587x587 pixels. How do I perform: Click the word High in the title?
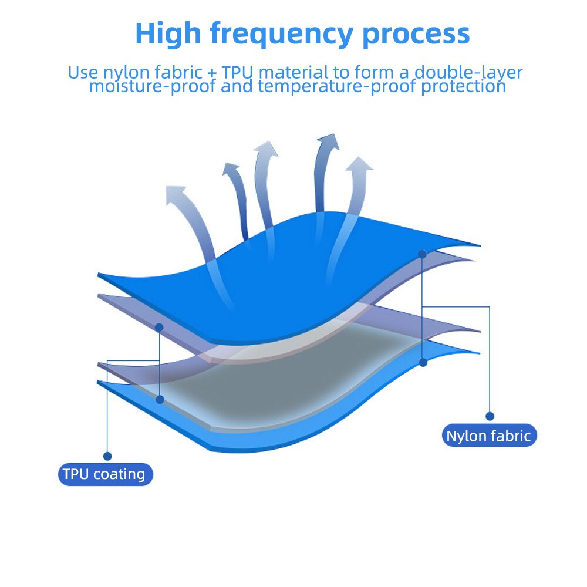tap(168, 33)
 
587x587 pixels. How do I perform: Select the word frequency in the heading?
tap(282, 35)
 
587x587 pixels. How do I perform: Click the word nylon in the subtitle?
tap(127, 72)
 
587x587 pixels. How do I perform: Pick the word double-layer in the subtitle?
tap(468, 72)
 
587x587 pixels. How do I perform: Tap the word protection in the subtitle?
tap(464, 86)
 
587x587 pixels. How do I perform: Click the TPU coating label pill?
tap(106, 474)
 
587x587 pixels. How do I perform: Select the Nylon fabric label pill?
tap(490, 436)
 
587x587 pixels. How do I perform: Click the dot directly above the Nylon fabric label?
tap(490, 416)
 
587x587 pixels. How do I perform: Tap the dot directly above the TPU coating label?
tap(107, 456)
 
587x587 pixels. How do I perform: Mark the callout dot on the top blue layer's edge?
tap(422, 254)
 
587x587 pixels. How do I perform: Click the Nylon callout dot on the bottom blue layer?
tap(423, 362)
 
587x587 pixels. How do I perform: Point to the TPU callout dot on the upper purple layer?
tap(159, 328)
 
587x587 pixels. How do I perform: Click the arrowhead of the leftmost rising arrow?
tap(174, 194)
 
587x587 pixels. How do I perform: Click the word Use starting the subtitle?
tap(83, 72)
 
